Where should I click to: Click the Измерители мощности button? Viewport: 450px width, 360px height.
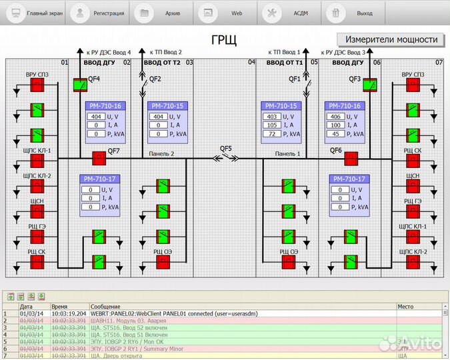pyautogui.click(x=391, y=39)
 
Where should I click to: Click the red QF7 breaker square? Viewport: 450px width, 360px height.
pyautogui.click(x=99, y=158)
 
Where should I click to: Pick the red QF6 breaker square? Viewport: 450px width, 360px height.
pyautogui.click(x=351, y=158)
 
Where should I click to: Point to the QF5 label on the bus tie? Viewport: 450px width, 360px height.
pyautogui.click(x=226, y=149)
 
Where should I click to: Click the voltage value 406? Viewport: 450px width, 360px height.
pyautogui.click(x=336, y=117)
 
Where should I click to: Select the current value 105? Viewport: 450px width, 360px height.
pyautogui.click(x=271, y=125)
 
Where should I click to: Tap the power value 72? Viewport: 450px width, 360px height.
pyautogui.click(x=271, y=134)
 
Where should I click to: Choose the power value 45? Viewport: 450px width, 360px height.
pyautogui.click(x=336, y=134)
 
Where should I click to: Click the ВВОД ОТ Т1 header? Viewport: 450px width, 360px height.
pyautogui.click(x=285, y=63)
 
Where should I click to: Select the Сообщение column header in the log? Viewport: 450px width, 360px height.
pyautogui.click(x=105, y=306)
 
